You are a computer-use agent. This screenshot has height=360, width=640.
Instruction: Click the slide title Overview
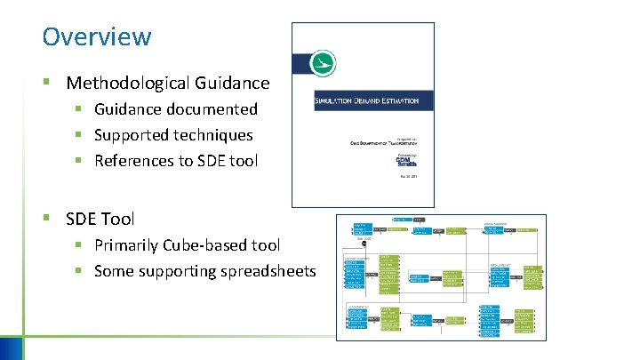97,37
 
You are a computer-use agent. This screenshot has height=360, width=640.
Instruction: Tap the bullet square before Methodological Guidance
48,84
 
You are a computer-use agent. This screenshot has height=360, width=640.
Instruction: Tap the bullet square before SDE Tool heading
48,218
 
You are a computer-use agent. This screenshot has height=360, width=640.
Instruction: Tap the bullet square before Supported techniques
79,135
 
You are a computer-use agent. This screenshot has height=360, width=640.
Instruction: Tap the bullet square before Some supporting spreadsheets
79,271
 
